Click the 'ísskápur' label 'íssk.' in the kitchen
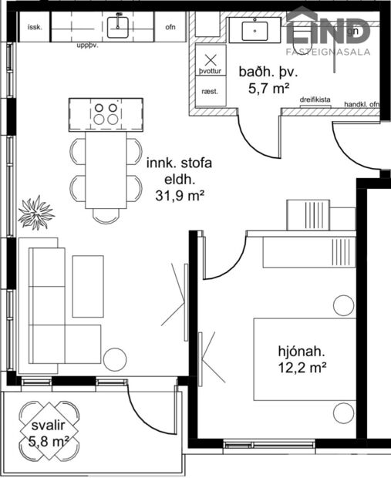coord(34,28)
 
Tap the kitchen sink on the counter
coord(120,28)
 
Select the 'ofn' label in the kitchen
coord(170,29)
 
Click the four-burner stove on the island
coord(106,115)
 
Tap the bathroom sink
coord(254,30)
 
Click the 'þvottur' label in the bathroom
coord(211,71)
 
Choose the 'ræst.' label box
coord(210,91)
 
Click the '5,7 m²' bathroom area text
coord(268,89)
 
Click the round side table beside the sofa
coord(115,359)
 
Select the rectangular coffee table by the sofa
coord(87,285)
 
